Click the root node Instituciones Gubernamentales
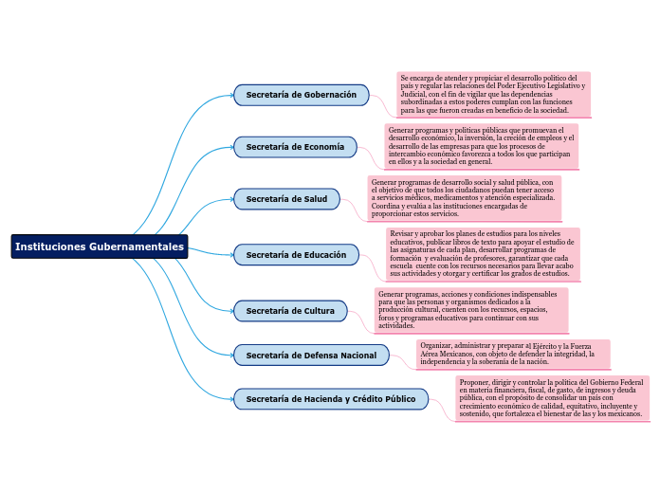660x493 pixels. pyautogui.click(x=99, y=246)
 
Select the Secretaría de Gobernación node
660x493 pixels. pyautogui.click(x=301, y=95)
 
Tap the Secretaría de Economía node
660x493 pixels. pyautogui.click(x=295, y=147)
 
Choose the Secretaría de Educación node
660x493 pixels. pyautogui.click(x=296, y=254)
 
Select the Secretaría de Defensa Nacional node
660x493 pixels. pyautogui.click(x=311, y=355)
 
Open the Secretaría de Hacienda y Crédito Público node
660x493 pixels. pyautogui.click(x=330, y=399)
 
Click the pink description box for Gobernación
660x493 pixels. pyautogui.click(x=493, y=94)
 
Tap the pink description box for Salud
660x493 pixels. pyautogui.click(x=464, y=197)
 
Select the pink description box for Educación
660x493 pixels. pyautogui.click(x=482, y=252)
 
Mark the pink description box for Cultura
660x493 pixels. pyautogui.click(x=470, y=310)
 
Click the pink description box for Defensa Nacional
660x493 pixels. pyautogui.click(x=512, y=354)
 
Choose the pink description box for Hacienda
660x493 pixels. pyautogui.click(x=552, y=398)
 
